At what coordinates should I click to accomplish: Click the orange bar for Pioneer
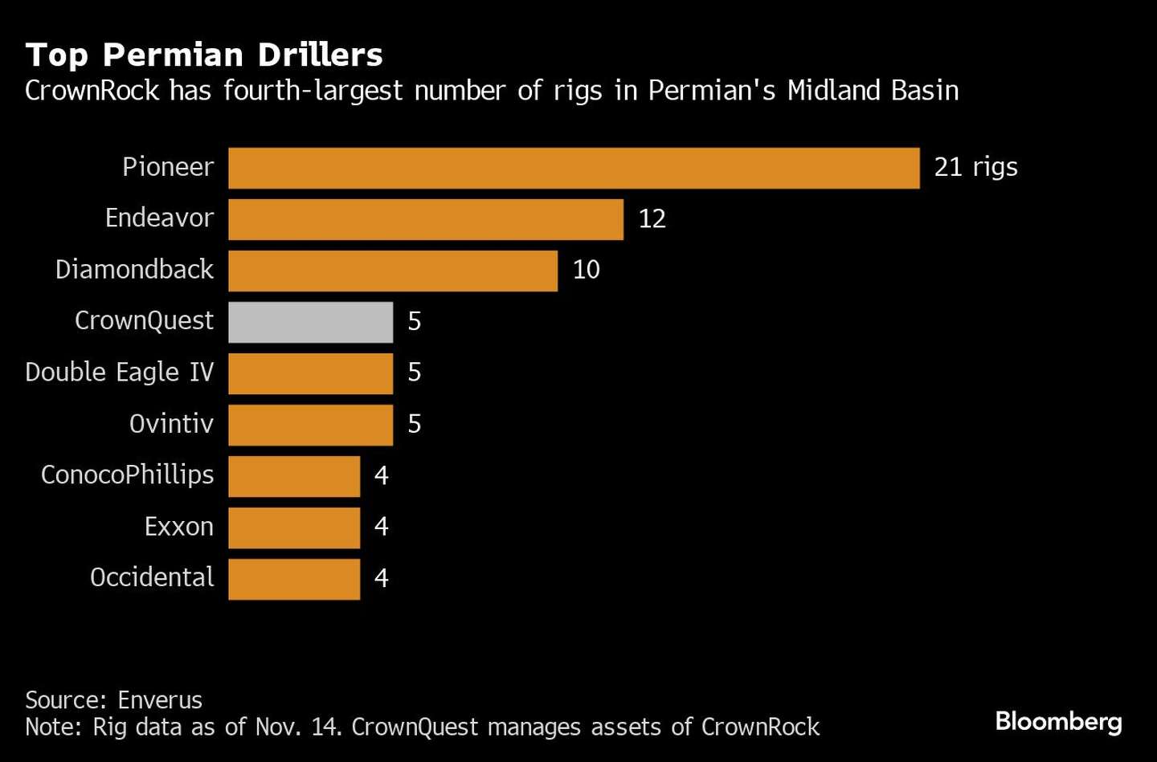point(574,168)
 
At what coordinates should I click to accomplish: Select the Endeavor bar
point(426,219)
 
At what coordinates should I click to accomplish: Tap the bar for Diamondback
point(393,271)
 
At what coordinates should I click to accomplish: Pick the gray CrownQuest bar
point(310,322)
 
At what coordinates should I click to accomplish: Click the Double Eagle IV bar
point(310,373)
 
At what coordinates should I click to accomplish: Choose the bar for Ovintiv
point(310,425)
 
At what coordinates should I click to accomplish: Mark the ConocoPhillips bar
point(294,476)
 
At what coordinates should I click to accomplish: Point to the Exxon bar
point(294,528)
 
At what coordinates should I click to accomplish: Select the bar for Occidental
point(294,579)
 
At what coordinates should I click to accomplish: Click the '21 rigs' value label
point(975,167)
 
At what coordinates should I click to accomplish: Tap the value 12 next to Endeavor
point(652,218)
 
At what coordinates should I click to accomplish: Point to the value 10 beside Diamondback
point(586,270)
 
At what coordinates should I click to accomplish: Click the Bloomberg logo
point(1058,721)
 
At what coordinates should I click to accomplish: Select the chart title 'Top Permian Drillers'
point(204,55)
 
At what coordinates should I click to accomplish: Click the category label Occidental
point(152,577)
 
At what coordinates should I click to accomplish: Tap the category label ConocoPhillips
point(127,475)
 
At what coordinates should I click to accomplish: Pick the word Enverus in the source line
point(160,700)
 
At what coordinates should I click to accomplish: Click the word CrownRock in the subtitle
point(92,91)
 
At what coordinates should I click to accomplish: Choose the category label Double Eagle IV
point(120,373)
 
